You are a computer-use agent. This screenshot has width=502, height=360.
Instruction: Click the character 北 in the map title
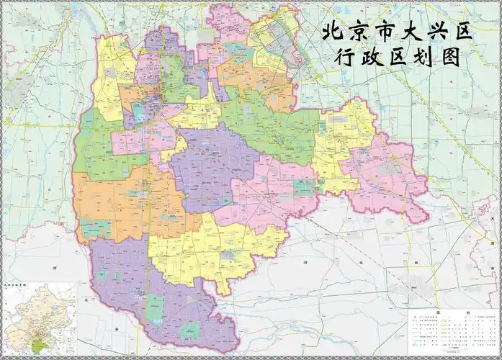coord(333,32)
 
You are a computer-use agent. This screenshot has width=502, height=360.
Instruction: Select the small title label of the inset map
coord(14,285)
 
